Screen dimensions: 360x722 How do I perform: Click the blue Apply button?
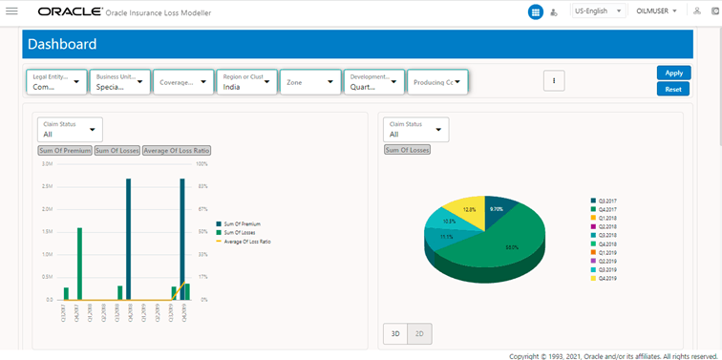tap(673, 73)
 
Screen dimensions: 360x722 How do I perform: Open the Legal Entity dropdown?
tap(56, 82)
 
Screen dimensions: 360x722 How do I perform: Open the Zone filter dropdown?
tap(308, 82)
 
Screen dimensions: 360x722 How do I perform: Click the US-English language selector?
tap(599, 11)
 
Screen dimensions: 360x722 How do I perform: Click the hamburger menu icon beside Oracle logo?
tap(11, 12)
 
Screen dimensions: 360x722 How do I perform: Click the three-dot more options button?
tap(554, 81)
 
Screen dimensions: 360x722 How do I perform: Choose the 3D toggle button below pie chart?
tap(394, 333)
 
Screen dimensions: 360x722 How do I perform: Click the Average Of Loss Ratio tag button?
tap(176, 150)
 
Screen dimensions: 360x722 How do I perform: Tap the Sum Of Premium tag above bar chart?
tap(65, 150)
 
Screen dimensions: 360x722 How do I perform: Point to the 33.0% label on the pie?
tap(511, 247)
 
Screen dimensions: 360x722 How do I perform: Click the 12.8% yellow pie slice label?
tap(469, 209)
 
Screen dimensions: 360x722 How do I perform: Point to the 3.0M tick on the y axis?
tap(47, 163)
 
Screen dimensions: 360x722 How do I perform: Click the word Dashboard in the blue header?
tap(62, 45)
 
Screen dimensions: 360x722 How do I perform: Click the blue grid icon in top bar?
tap(536, 12)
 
